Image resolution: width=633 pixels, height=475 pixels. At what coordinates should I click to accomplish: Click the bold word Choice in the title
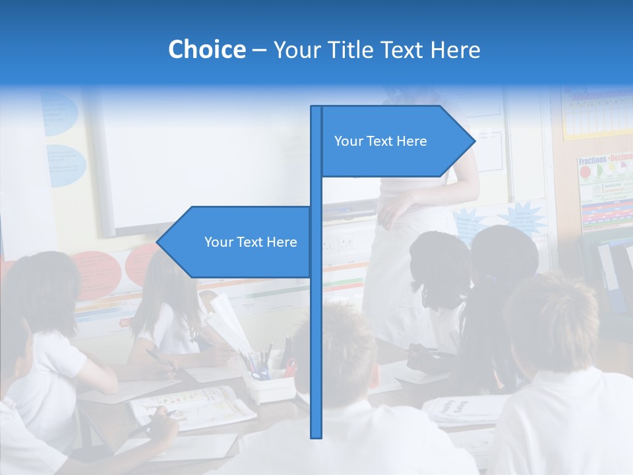click(x=206, y=49)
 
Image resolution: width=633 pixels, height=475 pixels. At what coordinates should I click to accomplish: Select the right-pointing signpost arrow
click(x=396, y=141)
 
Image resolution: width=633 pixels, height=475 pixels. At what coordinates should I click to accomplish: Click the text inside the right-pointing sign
click(x=380, y=141)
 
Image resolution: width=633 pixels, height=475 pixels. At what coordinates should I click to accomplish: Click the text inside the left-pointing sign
click(x=251, y=242)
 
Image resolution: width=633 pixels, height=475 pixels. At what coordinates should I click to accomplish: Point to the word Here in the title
click(x=455, y=49)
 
